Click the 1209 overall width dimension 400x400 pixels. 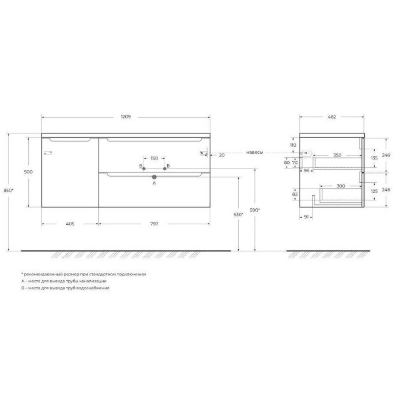[126, 116]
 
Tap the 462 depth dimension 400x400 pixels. [332, 117]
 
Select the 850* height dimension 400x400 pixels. [9, 190]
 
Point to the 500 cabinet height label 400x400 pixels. [28, 172]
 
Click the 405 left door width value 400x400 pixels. [70, 224]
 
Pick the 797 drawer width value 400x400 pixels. [154, 224]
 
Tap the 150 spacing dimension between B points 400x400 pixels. [154, 158]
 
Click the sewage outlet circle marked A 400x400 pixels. [154, 177]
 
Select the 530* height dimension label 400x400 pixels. [238, 215]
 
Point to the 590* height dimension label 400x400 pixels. [255, 210]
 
